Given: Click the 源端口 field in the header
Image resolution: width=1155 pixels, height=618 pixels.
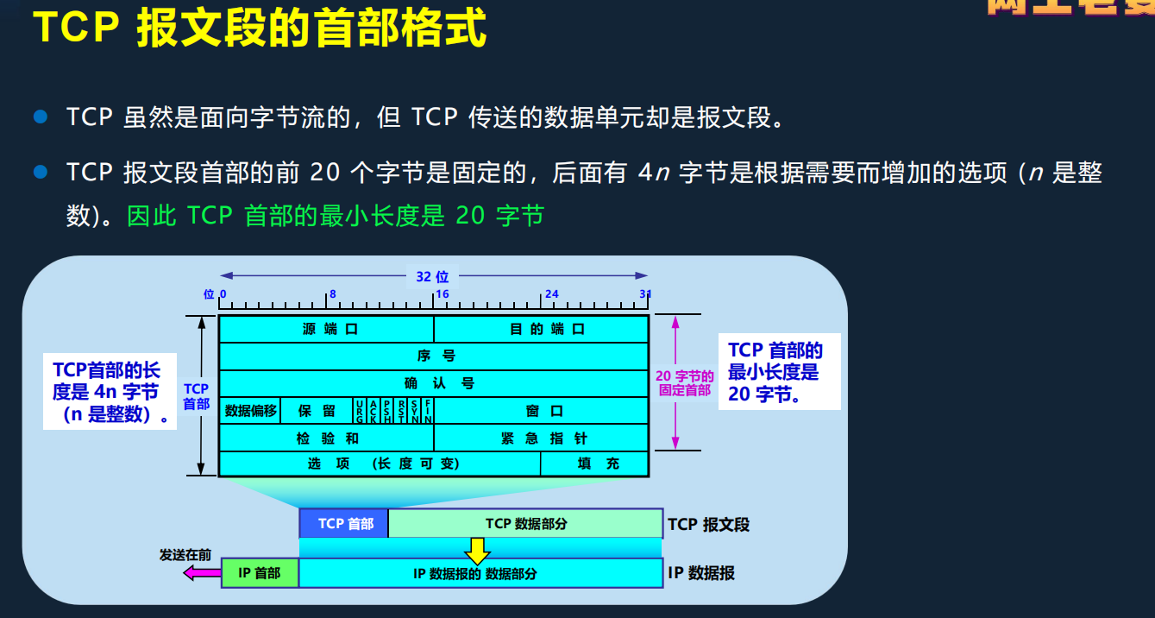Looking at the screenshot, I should pyautogui.click(x=326, y=329).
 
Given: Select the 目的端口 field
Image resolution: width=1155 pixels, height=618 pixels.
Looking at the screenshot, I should pyautogui.click(x=541, y=329).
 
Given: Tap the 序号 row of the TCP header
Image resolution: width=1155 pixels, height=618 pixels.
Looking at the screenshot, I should pyautogui.click(x=433, y=356).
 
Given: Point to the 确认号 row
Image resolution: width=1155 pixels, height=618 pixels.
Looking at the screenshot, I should pyautogui.click(x=433, y=383).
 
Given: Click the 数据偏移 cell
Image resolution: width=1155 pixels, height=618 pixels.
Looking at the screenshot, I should pyautogui.click(x=250, y=411).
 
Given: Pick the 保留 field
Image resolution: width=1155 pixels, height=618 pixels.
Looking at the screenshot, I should pyautogui.click(x=317, y=411).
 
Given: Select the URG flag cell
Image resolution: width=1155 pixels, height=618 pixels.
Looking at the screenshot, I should pyautogui.click(x=360, y=411).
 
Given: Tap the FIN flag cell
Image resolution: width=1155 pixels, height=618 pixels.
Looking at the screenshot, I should pyautogui.click(x=428, y=411).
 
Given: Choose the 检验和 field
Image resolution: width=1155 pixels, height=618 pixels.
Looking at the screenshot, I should pyautogui.click(x=326, y=438).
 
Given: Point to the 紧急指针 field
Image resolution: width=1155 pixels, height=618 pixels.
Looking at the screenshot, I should pyautogui.click(x=541, y=438).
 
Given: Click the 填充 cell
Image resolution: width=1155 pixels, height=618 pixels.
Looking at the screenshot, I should pyautogui.click(x=595, y=463).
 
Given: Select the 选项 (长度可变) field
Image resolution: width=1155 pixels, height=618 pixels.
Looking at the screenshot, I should pyautogui.click(x=380, y=463).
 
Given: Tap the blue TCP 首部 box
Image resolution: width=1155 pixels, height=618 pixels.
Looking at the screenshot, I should pyautogui.click(x=344, y=523).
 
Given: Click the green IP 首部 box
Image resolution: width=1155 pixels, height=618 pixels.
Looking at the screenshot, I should pyautogui.click(x=260, y=573).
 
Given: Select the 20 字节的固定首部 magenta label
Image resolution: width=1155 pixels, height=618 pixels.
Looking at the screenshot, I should pyautogui.click(x=685, y=382).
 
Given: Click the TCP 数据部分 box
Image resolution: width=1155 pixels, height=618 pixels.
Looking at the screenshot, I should pyautogui.click(x=525, y=523).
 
